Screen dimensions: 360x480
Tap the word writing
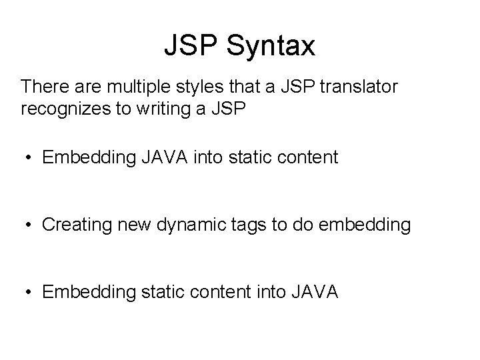(169, 109)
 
